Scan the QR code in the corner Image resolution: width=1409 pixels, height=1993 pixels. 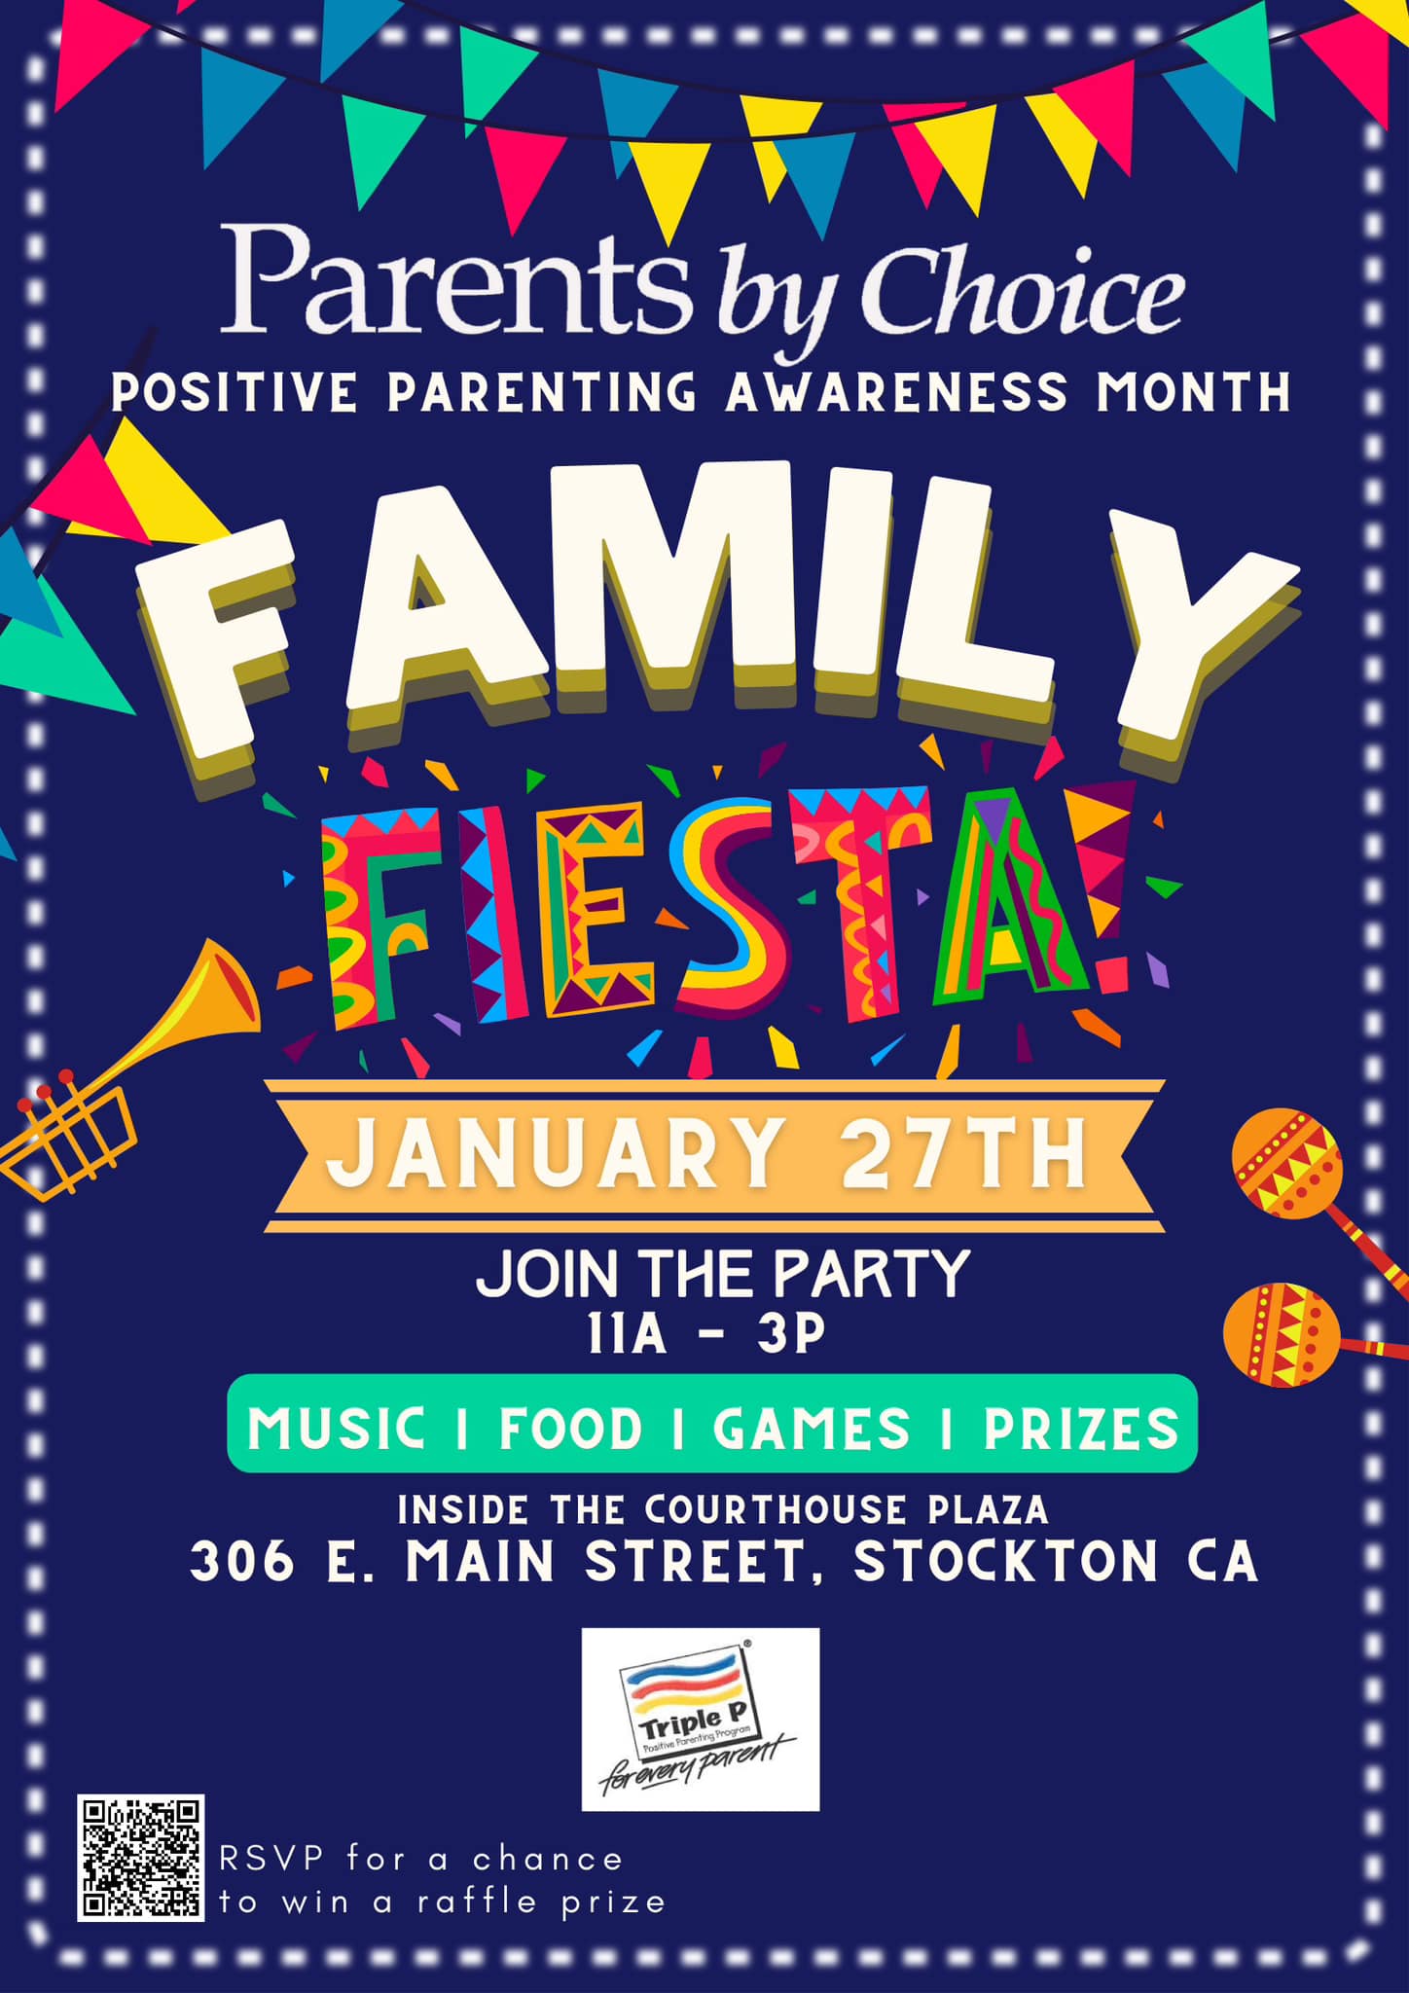pos(141,1858)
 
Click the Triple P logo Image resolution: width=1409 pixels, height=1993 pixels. pos(701,1720)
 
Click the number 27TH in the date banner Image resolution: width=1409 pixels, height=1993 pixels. pos(963,1154)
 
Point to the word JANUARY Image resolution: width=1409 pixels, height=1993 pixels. pos(556,1154)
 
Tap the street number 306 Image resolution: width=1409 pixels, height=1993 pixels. pos(242,1562)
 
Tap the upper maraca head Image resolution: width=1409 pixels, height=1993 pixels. pos(1286,1164)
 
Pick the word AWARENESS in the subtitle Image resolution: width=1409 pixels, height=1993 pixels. pos(896,393)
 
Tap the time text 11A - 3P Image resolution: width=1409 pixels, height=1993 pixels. pos(705,1334)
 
